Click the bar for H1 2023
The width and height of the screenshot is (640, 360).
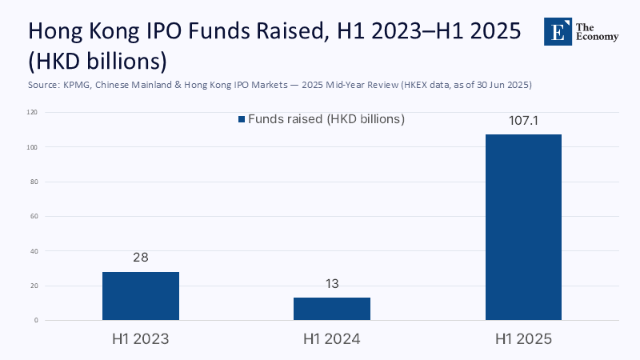tap(141, 296)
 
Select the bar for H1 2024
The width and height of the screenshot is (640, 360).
tap(332, 309)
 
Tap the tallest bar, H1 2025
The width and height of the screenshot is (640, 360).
tap(523, 227)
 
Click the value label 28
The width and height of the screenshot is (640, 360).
tap(141, 258)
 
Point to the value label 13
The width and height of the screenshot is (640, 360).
tap(332, 284)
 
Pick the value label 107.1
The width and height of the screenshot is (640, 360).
tap(523, 121)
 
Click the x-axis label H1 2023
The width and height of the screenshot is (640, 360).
tap(141, 339)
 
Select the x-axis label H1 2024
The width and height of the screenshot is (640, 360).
tap(332, 339)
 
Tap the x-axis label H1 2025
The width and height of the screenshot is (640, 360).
tap(523, 339)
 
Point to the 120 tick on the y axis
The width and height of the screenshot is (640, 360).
tap(33, 113)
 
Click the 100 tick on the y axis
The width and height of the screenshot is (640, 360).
tap(33, 147)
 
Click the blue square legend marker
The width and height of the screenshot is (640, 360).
tap(241, 119)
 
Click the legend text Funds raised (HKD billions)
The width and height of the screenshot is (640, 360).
tap(326, 119)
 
